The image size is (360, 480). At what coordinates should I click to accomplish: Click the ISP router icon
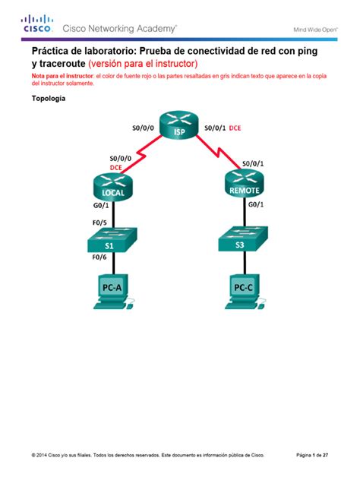point(179,128)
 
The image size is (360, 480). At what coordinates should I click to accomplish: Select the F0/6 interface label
point(99,257)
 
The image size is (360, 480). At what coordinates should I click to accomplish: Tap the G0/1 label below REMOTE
point(256,204)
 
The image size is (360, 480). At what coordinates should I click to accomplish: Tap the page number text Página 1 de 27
point(312,456)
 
